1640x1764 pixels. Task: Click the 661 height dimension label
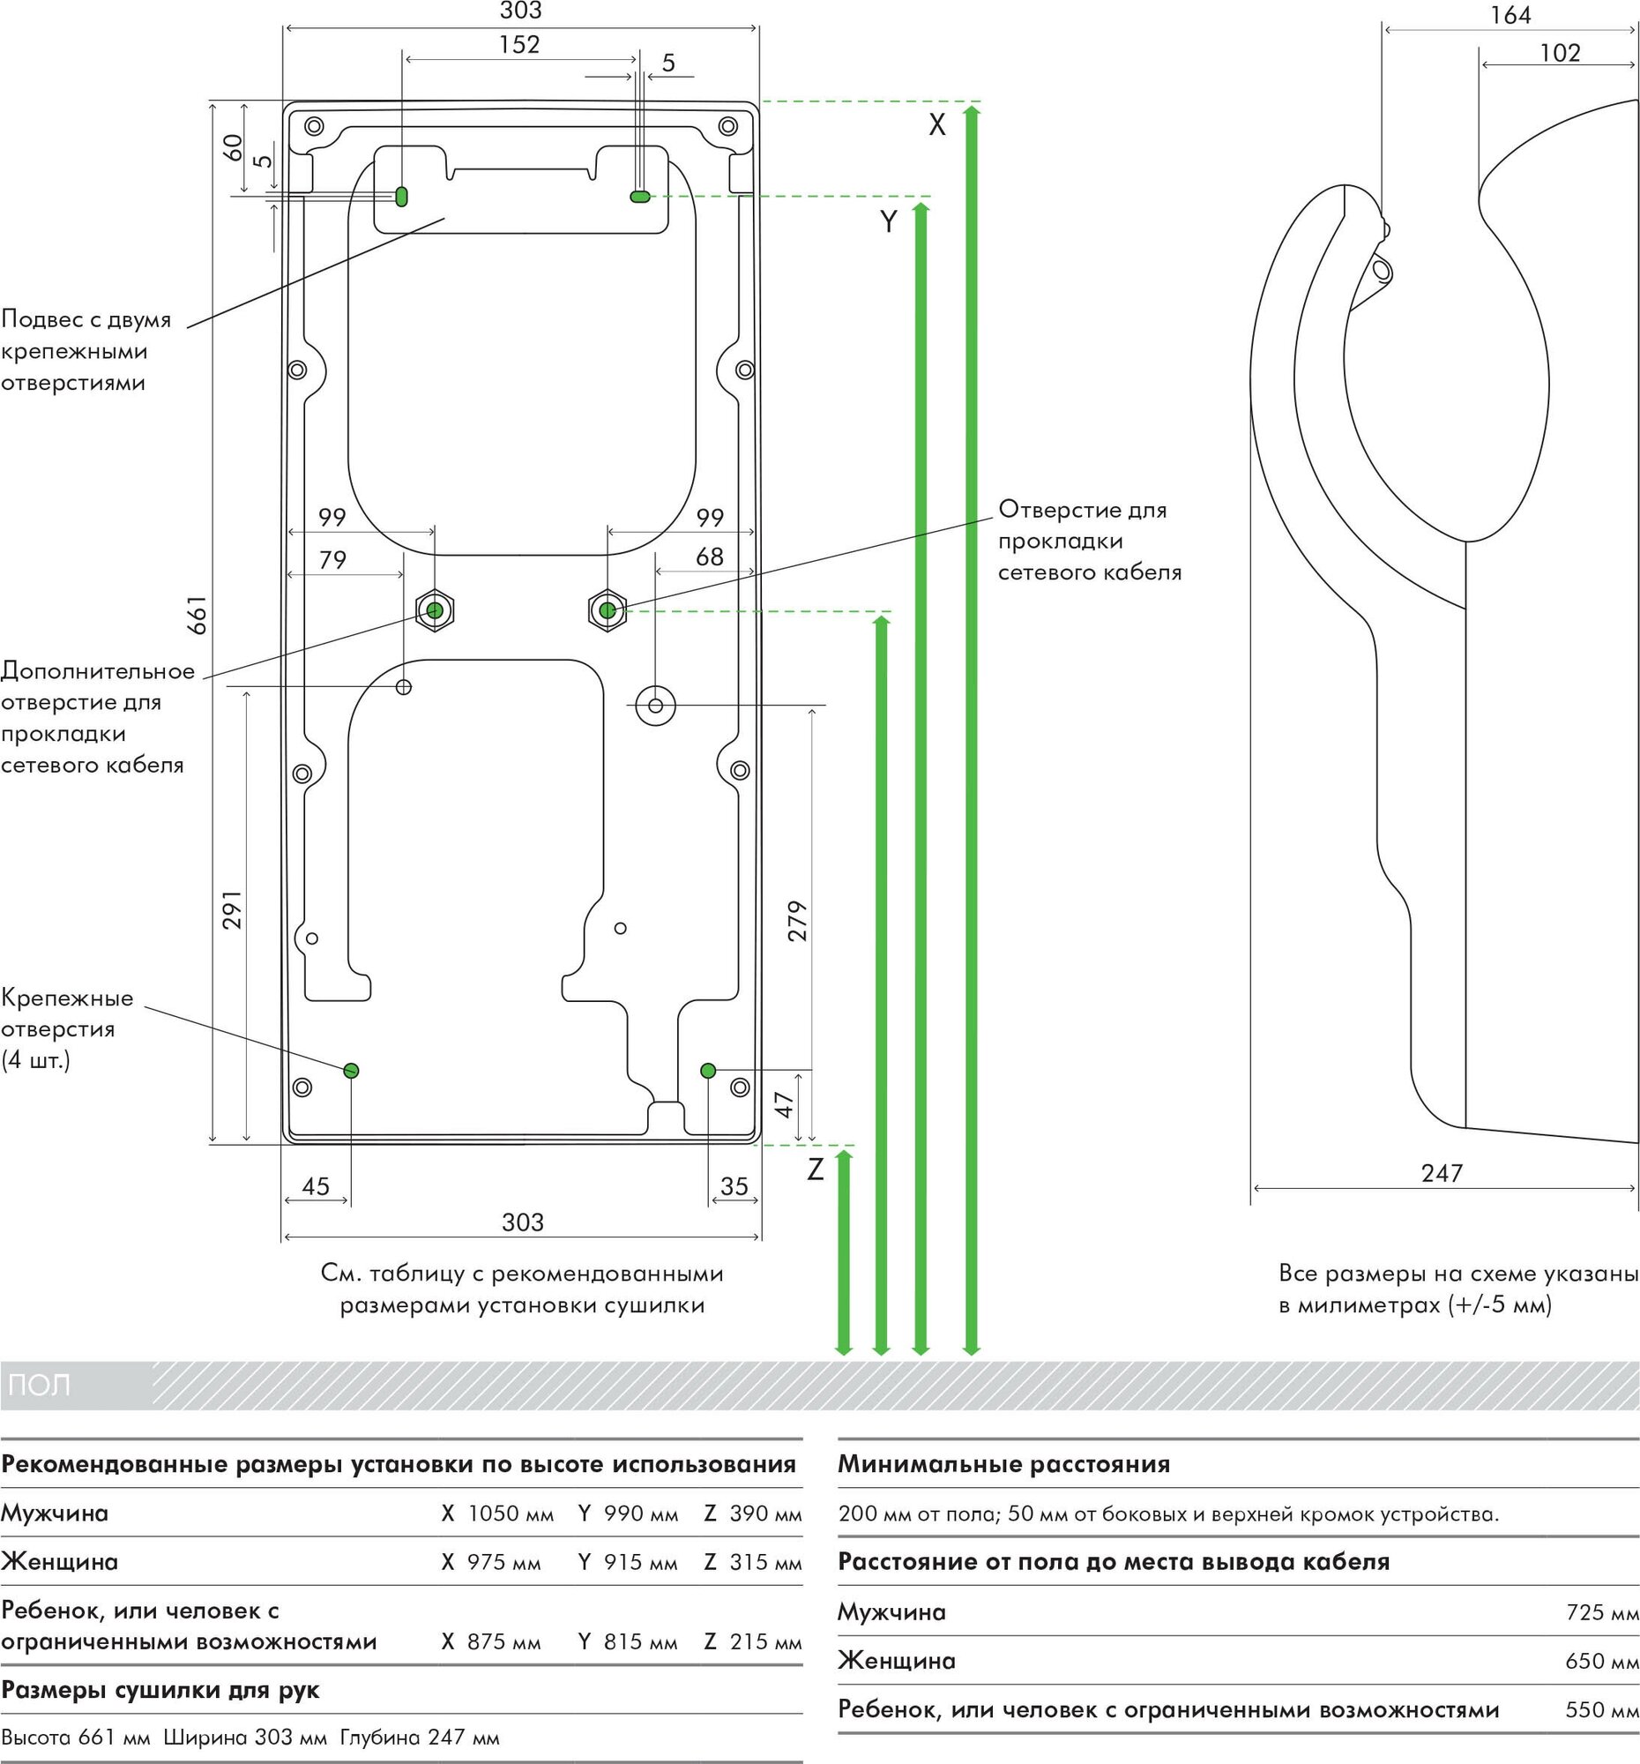[197, 614]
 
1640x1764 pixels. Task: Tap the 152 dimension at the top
[518, 44]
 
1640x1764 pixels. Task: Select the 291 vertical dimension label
[232, 909]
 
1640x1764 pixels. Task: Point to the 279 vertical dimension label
[797, 920]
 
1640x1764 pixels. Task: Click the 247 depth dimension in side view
[1442, 1173]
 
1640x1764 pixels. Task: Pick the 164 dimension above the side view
[1510, 15]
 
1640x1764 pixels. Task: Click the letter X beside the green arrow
[936, 126]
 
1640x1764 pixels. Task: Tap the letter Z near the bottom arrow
[815, 1170]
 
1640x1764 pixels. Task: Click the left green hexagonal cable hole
[435, 610]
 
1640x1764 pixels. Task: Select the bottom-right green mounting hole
[708, 1071]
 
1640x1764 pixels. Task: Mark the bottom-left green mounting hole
[350, 1070]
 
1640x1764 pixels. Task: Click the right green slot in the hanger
[639, 196]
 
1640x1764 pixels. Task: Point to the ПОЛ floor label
[39, 1385]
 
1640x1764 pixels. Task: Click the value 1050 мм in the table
[510, 1513]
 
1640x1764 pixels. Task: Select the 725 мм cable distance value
[1602, 1611]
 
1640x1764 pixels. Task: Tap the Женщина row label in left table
[59, 1562]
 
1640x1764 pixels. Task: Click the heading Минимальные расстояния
[1004, 1464]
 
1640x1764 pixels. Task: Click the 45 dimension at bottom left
[316, 1186]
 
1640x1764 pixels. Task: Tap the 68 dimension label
[710, 557]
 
